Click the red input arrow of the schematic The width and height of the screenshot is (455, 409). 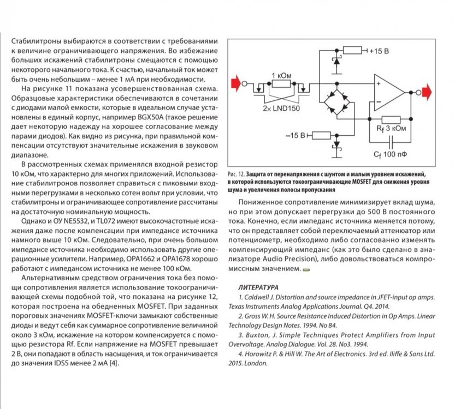coord(237,84)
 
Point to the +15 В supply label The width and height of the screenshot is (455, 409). coord(379,51)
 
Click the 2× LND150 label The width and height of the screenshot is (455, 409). coord(284,108)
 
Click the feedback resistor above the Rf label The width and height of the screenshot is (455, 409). coord(391,119)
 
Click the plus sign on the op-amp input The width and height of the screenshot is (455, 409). coord(377,84)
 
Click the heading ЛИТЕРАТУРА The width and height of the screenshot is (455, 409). coord(259,287)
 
